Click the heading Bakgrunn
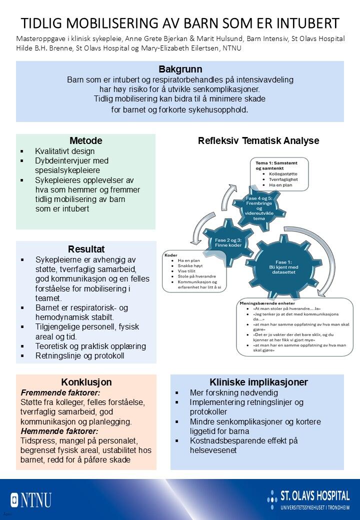point(180,69)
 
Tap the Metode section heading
point(86,140)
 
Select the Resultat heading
point(86,248)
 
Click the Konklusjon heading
point(86,382)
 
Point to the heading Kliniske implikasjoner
point(258,382)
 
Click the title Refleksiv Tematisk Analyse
point(258,140)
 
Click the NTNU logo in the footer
point(31,499)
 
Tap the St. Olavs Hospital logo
point(308,499)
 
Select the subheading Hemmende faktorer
point(52,431)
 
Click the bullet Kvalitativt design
point(64,151)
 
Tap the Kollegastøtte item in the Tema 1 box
point(284,173)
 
